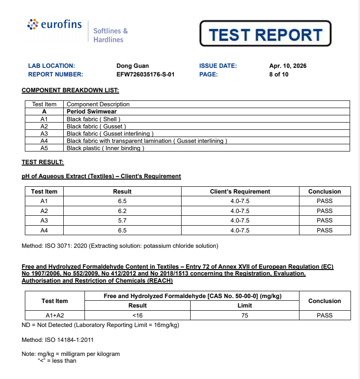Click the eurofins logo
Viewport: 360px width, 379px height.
point(55,24)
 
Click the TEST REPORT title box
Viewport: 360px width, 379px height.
point(266,34)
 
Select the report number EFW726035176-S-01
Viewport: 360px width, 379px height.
point(145,75)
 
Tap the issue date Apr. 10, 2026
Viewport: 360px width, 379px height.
point(288,66)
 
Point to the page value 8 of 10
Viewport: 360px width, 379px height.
point(279,75)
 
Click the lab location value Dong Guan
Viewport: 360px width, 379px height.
point(132,66)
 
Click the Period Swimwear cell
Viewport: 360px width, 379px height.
point(92,111)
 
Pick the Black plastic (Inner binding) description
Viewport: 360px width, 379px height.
point(105,148)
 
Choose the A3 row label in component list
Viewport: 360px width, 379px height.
point(44,133)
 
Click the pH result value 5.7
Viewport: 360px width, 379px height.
point(122,220)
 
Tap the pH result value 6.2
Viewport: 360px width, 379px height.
point(122,211)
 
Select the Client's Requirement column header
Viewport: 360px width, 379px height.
point(240,191)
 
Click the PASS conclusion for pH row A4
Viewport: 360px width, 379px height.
point(324,230)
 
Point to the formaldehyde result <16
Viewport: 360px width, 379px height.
point(137,315)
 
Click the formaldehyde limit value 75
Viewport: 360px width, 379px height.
point(245,315)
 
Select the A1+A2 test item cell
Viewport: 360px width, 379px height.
point(55,315)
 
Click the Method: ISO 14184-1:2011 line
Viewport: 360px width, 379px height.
point(58,340)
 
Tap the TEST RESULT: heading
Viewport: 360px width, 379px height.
point(43,162)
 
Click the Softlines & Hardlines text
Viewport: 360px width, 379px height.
point(110,35)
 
